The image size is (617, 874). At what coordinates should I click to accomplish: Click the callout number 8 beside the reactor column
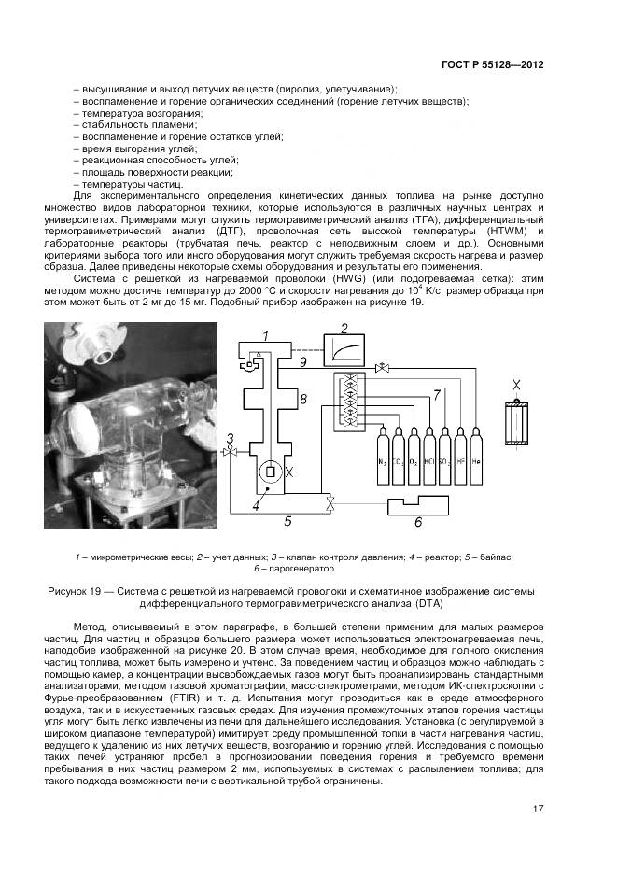tap(301, 399)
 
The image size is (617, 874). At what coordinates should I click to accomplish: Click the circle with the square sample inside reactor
tap(270, 472)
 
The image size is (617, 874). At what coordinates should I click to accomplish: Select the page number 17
tap(538, 809)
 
